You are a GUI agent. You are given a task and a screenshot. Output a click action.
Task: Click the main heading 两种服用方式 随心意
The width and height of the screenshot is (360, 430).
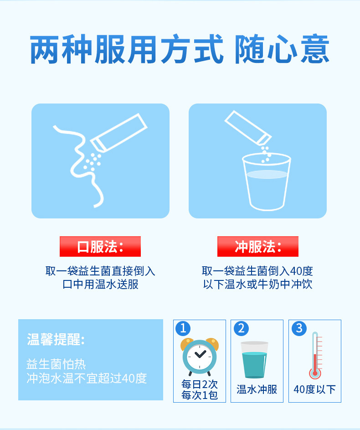[x=180, y=50]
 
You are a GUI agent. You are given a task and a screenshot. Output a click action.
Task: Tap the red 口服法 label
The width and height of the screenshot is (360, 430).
[x=100, y=247]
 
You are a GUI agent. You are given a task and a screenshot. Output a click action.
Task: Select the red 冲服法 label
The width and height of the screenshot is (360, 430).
[x=257, y=247]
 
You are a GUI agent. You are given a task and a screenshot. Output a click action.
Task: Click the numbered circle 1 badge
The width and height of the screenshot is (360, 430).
[x=183, y=328]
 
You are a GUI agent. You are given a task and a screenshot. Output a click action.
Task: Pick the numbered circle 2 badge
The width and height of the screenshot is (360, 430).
[x=241, y=328]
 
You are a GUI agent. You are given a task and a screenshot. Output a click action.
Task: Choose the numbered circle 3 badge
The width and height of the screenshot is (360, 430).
[x=298, y=328]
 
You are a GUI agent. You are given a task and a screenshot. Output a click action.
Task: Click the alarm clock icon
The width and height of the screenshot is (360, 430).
[x=199, y=356]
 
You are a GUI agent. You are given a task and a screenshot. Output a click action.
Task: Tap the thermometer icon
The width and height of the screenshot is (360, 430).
[x=315, y=356]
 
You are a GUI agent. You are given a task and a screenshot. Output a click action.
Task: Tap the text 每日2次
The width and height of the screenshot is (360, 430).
[x=200, y=384]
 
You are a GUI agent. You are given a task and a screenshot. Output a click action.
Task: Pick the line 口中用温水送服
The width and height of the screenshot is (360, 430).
[x=100, y=285]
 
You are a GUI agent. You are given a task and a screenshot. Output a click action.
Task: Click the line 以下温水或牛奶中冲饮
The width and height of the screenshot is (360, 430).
[x=257, y=285]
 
